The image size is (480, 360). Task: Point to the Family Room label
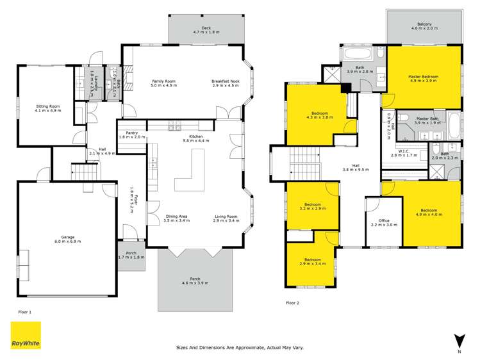pyautogui.click(x=163, y=81)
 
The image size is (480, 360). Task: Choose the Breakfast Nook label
pyautogui.click(x=225, y=81)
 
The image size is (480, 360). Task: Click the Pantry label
pyautogui.click(x=132, y=133)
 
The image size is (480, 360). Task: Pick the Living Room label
pyautogui.click(x=226, y=217)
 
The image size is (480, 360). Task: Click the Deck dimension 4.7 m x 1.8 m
pyautogui.click(x=206, y=31)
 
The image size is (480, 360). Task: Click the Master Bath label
pyautogui.click(x=426, y=119)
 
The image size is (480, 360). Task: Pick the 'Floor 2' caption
pyautogui.click(x=292, y=302)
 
